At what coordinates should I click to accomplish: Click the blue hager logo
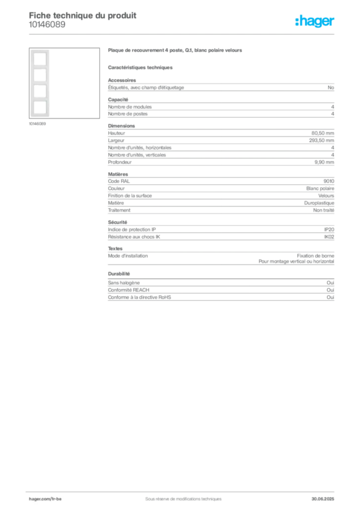(x=315, y=22)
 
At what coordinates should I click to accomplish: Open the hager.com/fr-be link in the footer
(x=45, y=498)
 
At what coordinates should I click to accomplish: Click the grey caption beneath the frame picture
(x=38, y=124)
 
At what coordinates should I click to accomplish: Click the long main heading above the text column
(x=175, y=51)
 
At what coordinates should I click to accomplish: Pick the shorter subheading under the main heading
(x=141, y=67)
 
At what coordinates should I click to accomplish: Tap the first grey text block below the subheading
(x=221, y=87)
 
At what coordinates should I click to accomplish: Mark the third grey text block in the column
(x=221, y=145)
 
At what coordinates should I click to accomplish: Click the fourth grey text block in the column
(x=221, y=194)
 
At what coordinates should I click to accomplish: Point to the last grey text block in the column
(x=221, y=291)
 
